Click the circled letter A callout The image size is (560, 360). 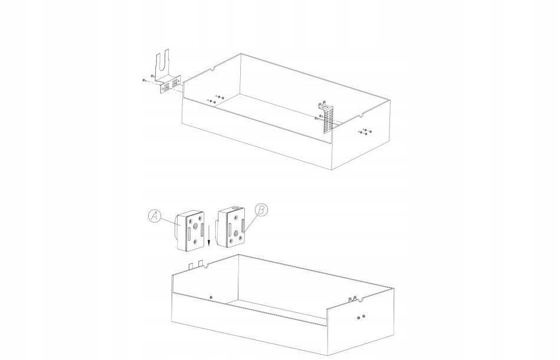tap(154, 216)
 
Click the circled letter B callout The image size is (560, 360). tap(261, 210)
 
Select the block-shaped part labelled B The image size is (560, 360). tap(231, 227)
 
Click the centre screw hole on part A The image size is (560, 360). tap(195, 226)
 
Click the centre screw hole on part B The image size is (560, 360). tap(236, 233)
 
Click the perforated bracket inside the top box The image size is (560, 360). tap(326, 117)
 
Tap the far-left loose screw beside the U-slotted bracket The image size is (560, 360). tap(143, 80)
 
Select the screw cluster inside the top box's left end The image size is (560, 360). tap(215, 99)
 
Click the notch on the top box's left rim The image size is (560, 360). tap(212, 68)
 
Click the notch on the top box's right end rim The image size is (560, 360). tap(361, 115)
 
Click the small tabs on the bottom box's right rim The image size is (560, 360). tap(352, 299)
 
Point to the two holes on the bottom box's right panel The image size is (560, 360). tap(361, 317)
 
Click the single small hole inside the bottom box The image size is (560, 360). tap(211, 297)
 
